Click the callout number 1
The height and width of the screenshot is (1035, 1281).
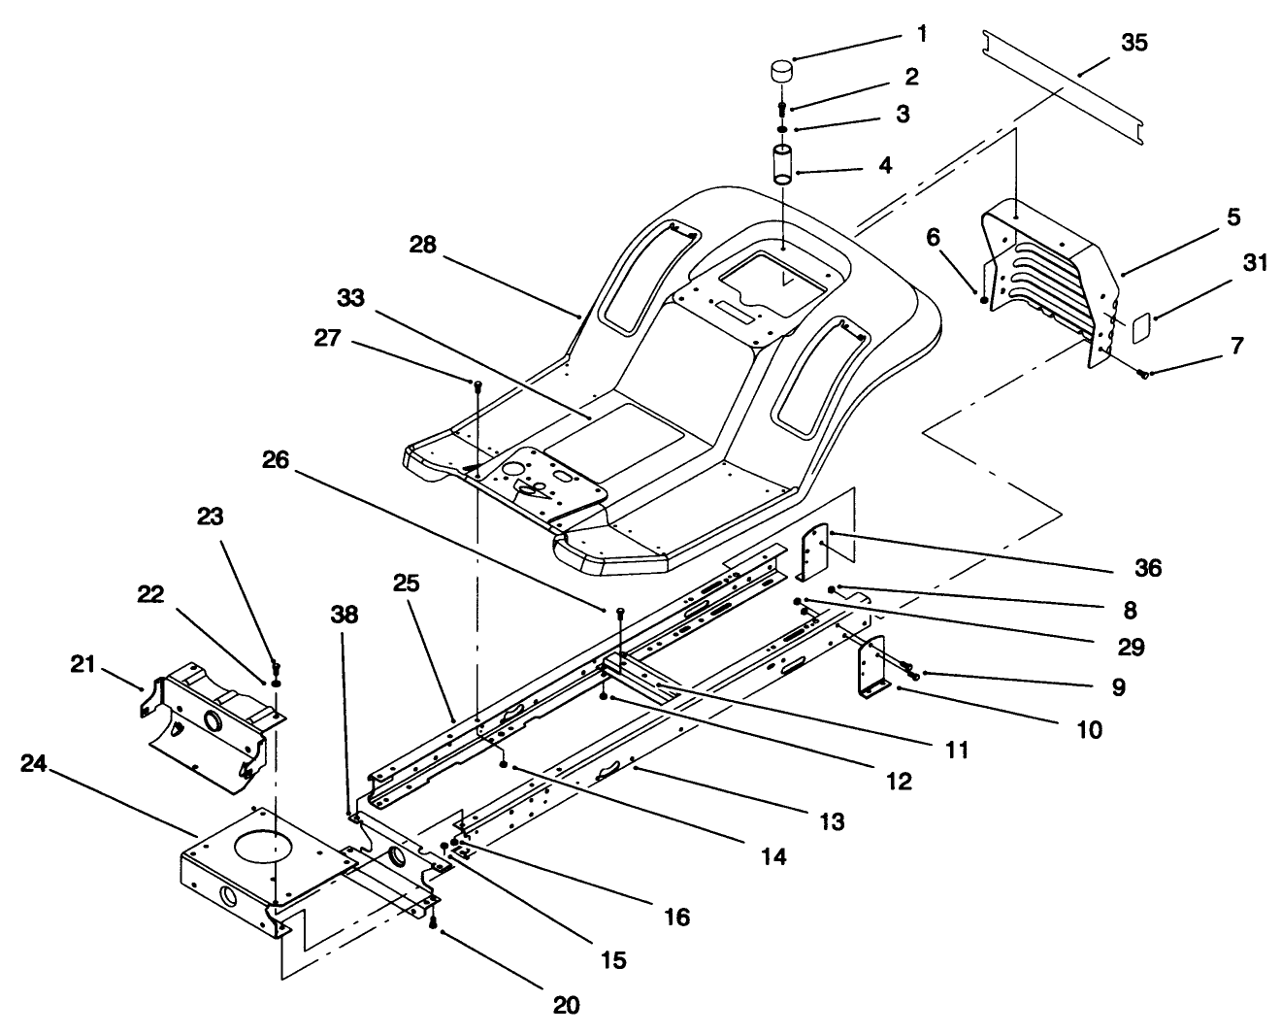[x=921, y=34]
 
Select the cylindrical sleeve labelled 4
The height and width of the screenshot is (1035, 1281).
[x=783, y=164]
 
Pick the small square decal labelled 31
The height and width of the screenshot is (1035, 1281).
[x=1141, y=328]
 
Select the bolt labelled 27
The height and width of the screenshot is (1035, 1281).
[x=477, y=386]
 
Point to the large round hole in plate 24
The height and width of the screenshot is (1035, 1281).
[x=259, y=846]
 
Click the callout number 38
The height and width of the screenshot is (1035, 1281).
[x=344, y=615]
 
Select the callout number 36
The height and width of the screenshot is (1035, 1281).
[x=1148, y=568]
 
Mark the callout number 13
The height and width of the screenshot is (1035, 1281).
[x=831, y=821]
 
